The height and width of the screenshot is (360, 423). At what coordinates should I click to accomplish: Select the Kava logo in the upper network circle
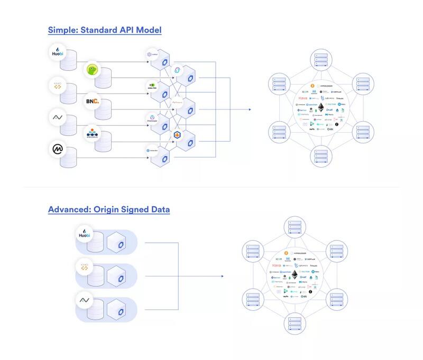click(303, 98)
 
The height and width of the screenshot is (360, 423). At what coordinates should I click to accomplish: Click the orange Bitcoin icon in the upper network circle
click(312, 84)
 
